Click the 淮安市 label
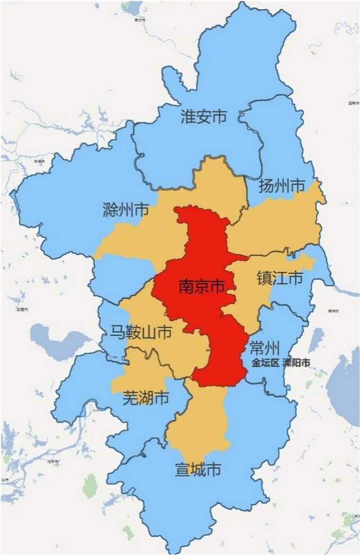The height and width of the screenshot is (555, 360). (203, 117)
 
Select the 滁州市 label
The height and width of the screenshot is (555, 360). (126, 211)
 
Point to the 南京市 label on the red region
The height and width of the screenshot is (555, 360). (201, 287)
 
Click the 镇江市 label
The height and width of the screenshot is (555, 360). (280, 278)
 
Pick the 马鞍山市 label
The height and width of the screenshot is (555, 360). (141, 332)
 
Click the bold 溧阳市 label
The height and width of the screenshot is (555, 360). (296, 362)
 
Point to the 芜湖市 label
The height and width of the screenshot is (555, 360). (146, 399)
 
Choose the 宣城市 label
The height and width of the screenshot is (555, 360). (197, 468)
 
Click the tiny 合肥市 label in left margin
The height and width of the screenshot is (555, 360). (22, 310)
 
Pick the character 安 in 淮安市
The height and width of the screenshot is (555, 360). (203, 117)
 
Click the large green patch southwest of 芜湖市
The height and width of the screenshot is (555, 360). (90, 485)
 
